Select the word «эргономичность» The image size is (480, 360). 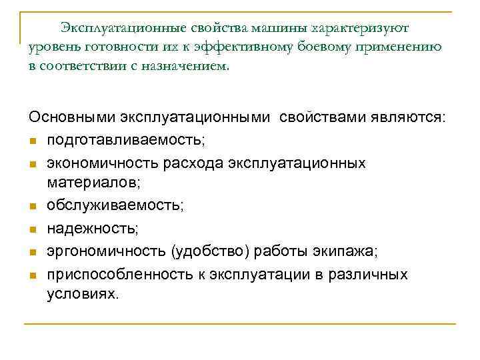(106, 252)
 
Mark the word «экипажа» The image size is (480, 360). (349, 252)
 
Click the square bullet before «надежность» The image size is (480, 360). (32, 231)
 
